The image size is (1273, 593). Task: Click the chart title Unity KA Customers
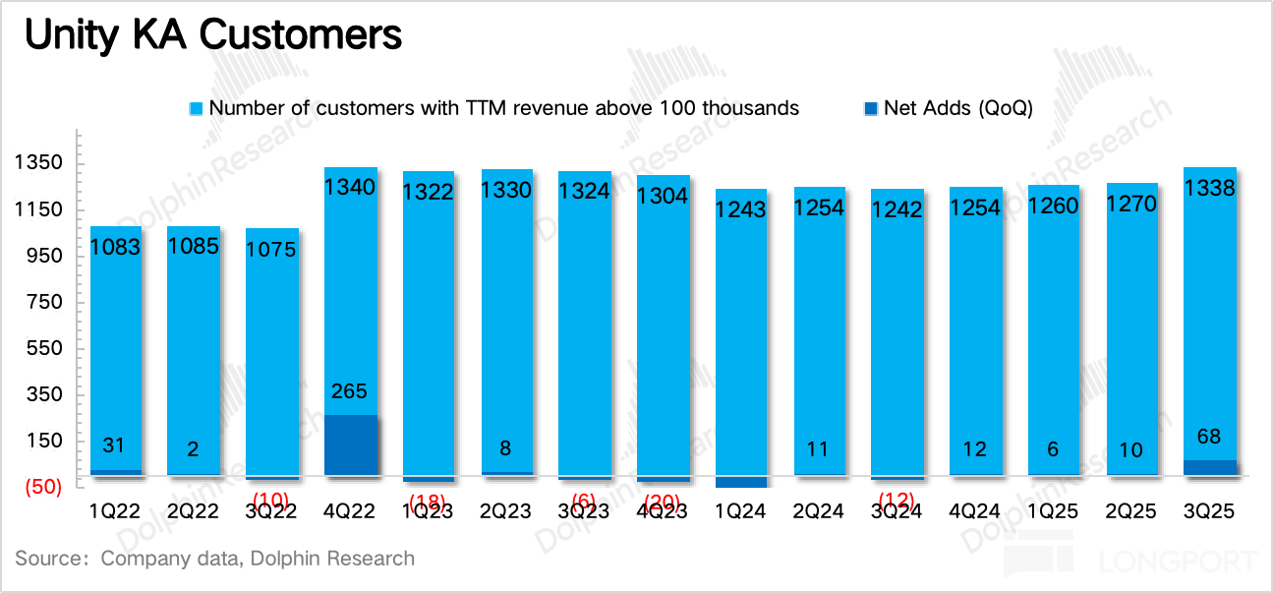coord(212,35)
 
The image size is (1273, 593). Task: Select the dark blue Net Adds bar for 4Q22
coord(350,445)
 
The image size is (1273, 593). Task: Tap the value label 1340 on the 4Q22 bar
coord(350,187)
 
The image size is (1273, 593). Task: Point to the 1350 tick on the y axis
coord(38,163)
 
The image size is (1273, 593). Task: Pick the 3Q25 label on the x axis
coord(1210,512)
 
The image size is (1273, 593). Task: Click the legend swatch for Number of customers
coord(196,108)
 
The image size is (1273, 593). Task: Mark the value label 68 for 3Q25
coord(1210,437)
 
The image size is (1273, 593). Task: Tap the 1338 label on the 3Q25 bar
coord(1210,188)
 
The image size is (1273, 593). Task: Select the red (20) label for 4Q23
coord(663,502)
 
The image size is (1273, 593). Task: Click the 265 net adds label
coord(350,391)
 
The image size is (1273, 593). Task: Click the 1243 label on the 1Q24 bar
coord(740,209)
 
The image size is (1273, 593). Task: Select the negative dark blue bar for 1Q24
coord(740,482)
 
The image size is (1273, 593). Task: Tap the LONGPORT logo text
coord(1179,563)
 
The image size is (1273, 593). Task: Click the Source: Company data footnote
coord(215,559)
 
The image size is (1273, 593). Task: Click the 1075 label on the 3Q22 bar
coord(271,250)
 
